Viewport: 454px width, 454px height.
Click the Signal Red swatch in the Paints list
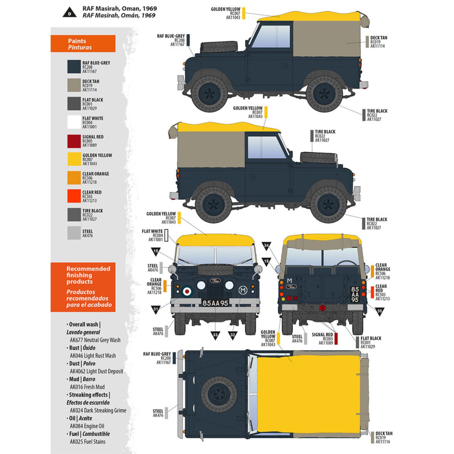tap(74, 141)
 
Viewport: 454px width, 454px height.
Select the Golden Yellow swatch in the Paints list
tap(74, 159)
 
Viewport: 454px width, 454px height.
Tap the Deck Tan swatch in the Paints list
tap(74, 85)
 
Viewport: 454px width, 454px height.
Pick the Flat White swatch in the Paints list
tap(74, 122)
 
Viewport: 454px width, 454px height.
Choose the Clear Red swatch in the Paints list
tap(74, 196)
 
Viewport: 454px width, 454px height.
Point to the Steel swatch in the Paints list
tap(74, 233)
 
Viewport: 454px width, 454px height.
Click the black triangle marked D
tap(69, 12)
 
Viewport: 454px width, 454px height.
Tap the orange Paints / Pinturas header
tap(83, 44)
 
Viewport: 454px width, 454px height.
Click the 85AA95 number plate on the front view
tap(215, 303)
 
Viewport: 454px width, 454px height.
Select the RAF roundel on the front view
tap(187, 291)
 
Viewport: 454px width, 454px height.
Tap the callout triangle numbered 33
tap(216, 334)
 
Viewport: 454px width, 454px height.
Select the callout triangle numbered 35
tap(380, 311)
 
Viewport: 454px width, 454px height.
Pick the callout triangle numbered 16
tap(156, 251)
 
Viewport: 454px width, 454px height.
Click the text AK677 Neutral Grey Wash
tap(95, 339)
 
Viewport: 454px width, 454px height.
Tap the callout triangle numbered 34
tap(266, 246)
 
